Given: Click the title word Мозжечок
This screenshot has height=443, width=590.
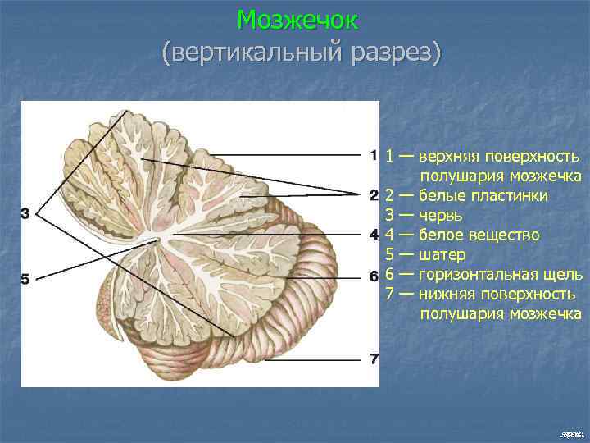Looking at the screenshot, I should coord(297,19).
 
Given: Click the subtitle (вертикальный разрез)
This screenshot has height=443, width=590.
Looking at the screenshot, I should coord(301,53).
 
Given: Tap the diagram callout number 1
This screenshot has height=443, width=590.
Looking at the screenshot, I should coord(373,154).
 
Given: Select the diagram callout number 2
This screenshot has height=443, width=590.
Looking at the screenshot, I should coord(373,195).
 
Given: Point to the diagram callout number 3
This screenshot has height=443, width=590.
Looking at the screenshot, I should coord(25,214).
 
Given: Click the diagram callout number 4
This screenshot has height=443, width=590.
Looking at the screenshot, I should coord(373,235).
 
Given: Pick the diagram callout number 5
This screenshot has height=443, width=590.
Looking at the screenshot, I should coord(25,279).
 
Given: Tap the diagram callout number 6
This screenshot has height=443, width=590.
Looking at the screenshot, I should coord(373,274).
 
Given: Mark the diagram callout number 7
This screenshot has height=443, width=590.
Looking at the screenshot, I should coord(373,359).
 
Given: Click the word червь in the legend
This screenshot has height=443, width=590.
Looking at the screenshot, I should coord(441,216).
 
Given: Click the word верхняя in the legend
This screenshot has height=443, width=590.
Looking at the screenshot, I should coord(448,157).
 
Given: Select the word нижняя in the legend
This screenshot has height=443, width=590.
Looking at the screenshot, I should coord(446,295).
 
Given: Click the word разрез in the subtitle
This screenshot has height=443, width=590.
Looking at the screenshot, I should coord(396,53).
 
